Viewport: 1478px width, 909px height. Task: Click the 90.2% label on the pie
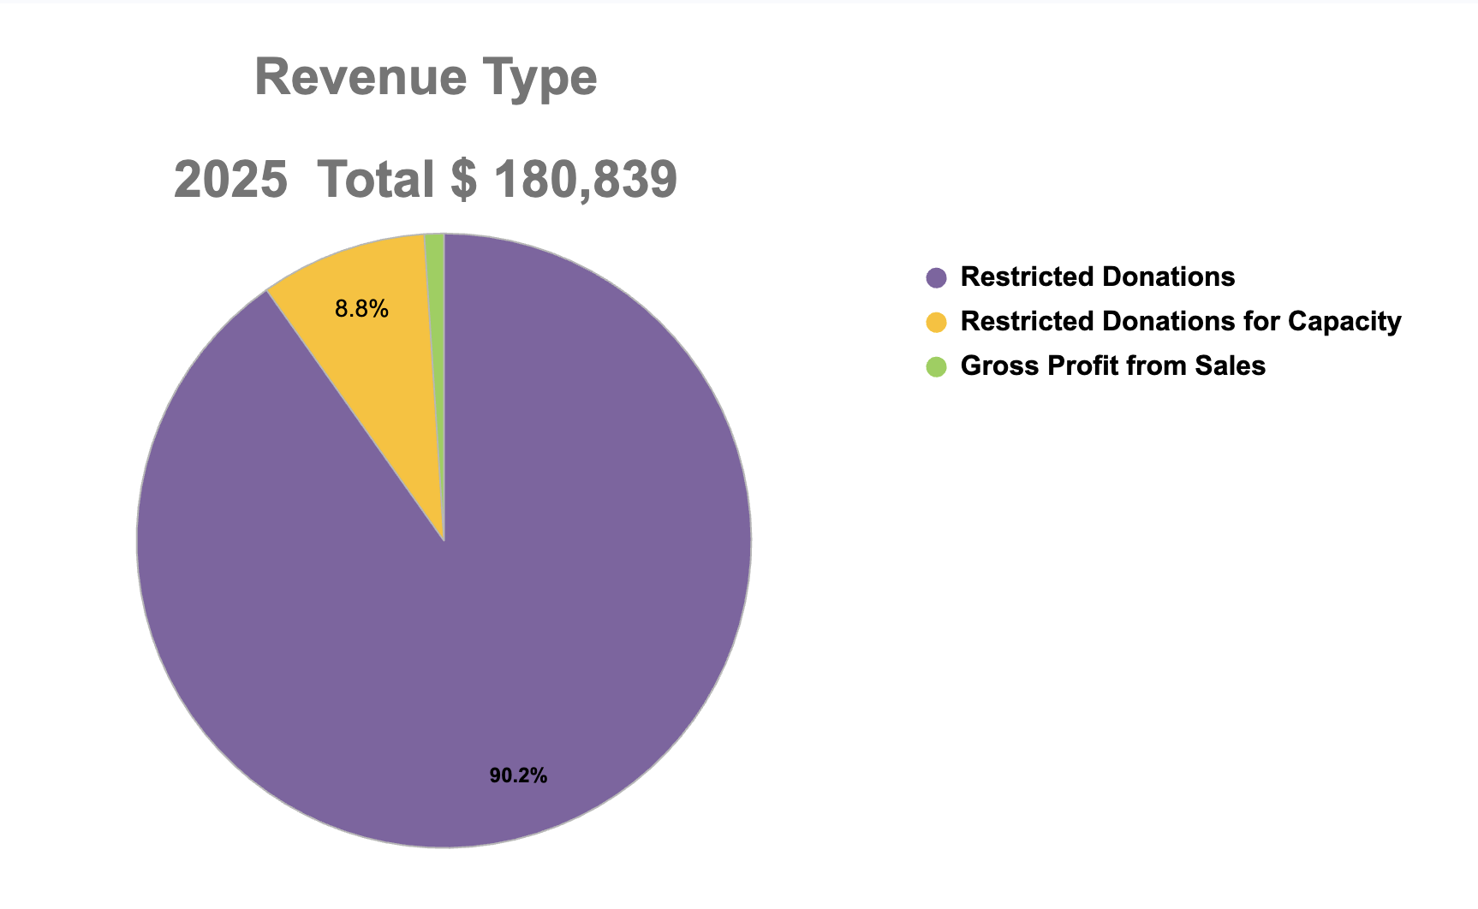click(518, 776)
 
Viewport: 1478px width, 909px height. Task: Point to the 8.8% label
click(361, 309)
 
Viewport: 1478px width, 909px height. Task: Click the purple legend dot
click(937, 277)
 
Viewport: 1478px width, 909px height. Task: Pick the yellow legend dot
click(937, 322)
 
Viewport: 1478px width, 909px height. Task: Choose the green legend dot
click(937, 366)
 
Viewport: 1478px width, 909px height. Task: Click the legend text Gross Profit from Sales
click(1112, 366)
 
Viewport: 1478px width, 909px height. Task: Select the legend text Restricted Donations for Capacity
click(1180, 322)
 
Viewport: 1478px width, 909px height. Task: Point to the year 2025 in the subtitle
click(230, 180)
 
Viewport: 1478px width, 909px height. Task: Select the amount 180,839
click(586, 181)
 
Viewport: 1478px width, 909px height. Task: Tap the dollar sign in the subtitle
click(463, 180)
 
